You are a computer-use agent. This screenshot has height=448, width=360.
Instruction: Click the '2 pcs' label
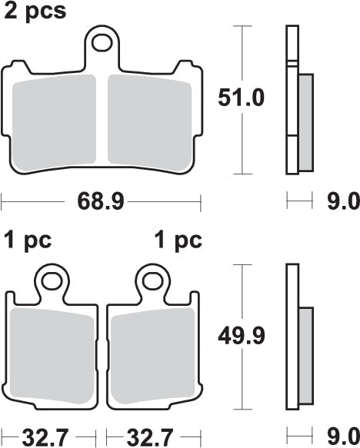35,12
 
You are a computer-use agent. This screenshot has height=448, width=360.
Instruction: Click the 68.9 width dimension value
101,202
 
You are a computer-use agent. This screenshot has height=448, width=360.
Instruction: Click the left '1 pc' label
27,241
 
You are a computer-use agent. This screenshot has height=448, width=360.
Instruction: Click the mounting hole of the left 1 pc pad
52,280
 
